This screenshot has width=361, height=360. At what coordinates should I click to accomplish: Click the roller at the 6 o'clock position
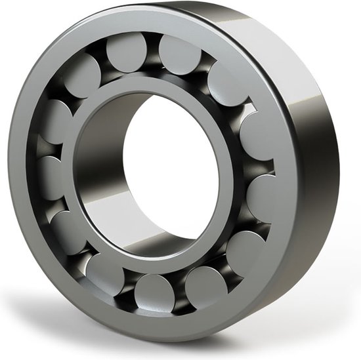(x=156, y=291)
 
